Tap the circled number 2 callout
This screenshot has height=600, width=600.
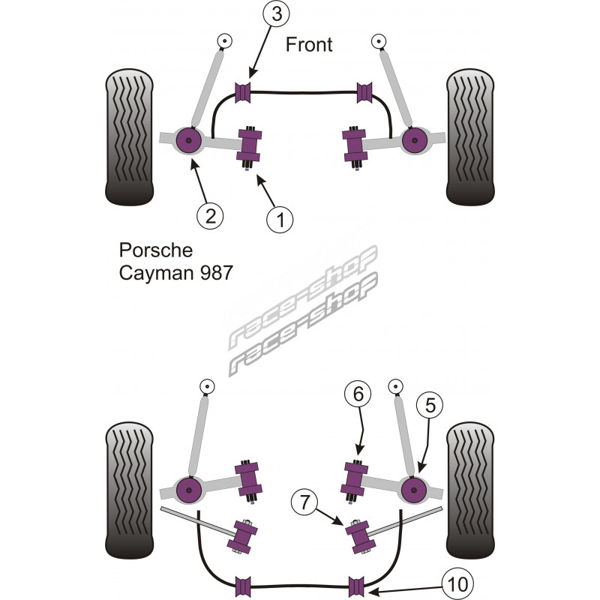(x=210, y=217)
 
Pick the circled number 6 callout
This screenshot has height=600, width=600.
(x=358, y=392)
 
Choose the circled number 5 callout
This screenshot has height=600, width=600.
(x=430, y=406)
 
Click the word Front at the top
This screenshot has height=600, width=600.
(x=308, y=44)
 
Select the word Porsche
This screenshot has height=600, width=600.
(x=156, y=249)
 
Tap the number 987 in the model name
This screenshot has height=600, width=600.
(x=209, y=272)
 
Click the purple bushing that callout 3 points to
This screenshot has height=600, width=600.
(x=243, y=92)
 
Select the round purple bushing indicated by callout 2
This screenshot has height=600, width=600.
(x=189, y=139)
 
